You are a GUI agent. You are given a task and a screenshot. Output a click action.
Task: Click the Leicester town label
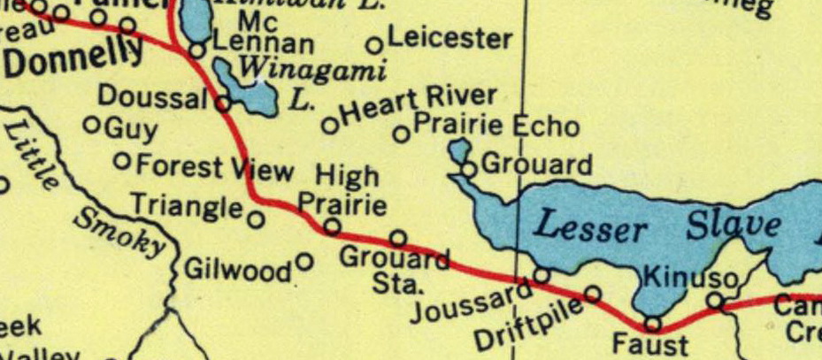pos(449,39)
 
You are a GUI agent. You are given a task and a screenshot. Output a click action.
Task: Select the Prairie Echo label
pos(496,126)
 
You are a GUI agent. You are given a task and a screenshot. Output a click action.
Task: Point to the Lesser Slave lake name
pos(659,227)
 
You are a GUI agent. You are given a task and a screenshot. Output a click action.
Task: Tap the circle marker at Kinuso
pos(716,303)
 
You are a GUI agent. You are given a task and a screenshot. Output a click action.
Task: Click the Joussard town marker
pos(542,275)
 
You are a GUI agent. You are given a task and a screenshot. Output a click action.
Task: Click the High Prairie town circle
pos(332,227)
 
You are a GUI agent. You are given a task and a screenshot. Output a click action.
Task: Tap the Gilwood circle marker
pos(304,262)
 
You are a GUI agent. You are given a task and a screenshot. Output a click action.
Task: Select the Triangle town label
pos(187,206)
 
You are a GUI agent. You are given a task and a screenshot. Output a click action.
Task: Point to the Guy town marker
pos(90,126)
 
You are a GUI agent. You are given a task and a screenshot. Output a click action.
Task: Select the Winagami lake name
pos(314,68)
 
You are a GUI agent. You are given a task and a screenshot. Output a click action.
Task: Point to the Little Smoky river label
pos(80,190)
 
